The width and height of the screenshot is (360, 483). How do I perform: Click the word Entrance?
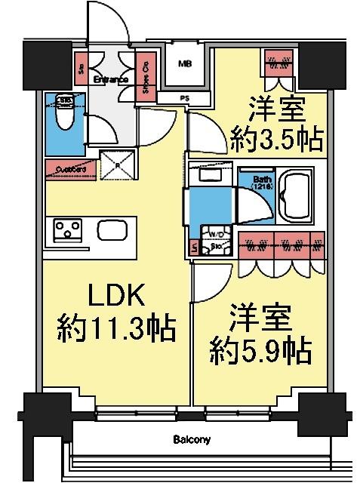[x=109, y=78]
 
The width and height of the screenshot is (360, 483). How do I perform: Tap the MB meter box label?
[x=184, y=64]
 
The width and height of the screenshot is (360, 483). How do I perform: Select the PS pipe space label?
[x=183, y=97]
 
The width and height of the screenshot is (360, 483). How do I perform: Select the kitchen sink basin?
[x=113, y=229]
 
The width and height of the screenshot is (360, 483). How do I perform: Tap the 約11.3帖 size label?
[x=116, y=328]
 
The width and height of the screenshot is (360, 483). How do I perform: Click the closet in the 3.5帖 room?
[x=280, y=63]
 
